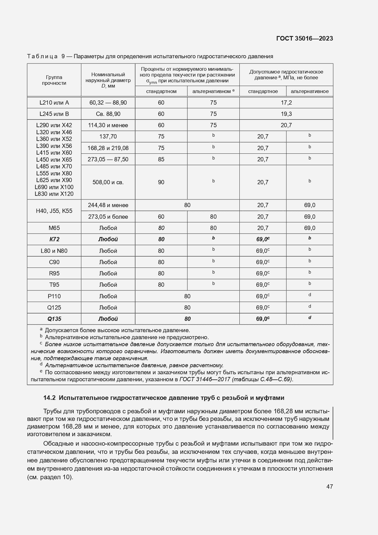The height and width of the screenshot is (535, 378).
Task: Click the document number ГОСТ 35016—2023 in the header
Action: click(304, 38)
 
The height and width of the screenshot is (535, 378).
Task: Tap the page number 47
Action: click(329, 487)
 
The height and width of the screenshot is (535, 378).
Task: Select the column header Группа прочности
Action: click(54, 80)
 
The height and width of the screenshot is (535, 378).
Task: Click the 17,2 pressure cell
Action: click(286, 103)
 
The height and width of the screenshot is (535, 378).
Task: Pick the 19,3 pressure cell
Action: click(286, 114)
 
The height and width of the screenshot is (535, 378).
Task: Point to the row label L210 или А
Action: click(54, 103)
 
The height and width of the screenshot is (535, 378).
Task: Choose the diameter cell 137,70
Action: click(108, 137)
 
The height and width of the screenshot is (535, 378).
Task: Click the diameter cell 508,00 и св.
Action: click(108, 182)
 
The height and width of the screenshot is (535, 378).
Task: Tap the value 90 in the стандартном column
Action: click(161, 182)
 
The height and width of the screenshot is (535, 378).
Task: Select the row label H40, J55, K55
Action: click(54, 211)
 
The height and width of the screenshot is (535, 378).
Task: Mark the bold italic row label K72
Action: click(54, 239)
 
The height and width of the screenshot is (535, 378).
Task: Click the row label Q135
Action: click(54, 319)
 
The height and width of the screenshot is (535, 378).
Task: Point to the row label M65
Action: click(54, 228)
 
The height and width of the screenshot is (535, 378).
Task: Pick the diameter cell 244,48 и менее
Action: click(108, 205)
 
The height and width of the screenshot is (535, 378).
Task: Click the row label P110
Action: click(54, 296)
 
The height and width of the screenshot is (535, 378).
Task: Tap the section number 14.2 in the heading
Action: click(49, 398)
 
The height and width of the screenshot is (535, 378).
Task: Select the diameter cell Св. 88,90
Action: click(108, 114)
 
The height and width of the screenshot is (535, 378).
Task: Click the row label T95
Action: click(54, 285)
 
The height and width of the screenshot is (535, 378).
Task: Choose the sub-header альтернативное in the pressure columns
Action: click(309, 91)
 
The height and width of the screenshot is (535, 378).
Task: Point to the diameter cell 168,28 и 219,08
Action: click(108, 148)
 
